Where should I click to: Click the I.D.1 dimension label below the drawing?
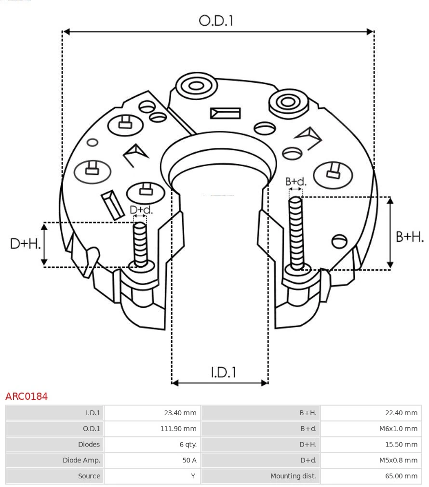pos(223,372)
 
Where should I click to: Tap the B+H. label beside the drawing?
pos(410,237)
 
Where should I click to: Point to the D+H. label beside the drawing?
pos(25,244)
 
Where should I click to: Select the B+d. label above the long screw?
pos(295,182)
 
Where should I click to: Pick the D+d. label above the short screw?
pos(141,210)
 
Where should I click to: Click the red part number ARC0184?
pos(27,396)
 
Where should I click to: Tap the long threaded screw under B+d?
pos(296,231)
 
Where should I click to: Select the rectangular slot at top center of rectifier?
pos(225,113)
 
